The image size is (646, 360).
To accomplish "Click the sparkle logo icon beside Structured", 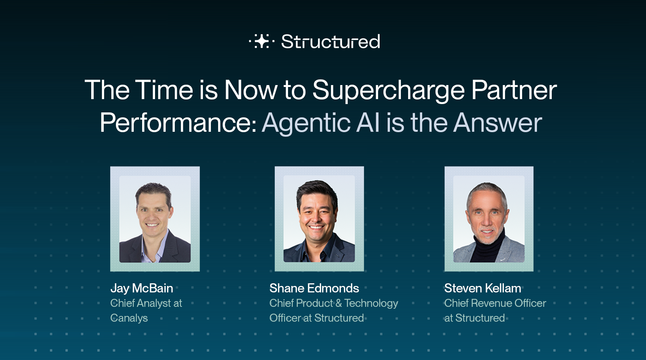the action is [x=261, y=41].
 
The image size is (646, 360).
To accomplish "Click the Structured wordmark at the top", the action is [x=331, y=41].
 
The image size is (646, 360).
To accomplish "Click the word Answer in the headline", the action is [x=497, y=123].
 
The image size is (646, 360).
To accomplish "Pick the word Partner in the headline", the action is [x=514, y=90].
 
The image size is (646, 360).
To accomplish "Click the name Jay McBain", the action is [x=142, y=289].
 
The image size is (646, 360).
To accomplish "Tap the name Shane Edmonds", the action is [x=314, y=288].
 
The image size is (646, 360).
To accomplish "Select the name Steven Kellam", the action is [x=483, y=288].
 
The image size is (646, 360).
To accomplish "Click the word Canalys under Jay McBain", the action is [x=129, y=318].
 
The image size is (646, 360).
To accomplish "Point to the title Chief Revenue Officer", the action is [x=495, y=303].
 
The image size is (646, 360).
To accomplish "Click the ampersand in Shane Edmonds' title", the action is [x=339, y=303].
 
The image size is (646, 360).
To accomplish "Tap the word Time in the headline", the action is [x=163, y=90].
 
